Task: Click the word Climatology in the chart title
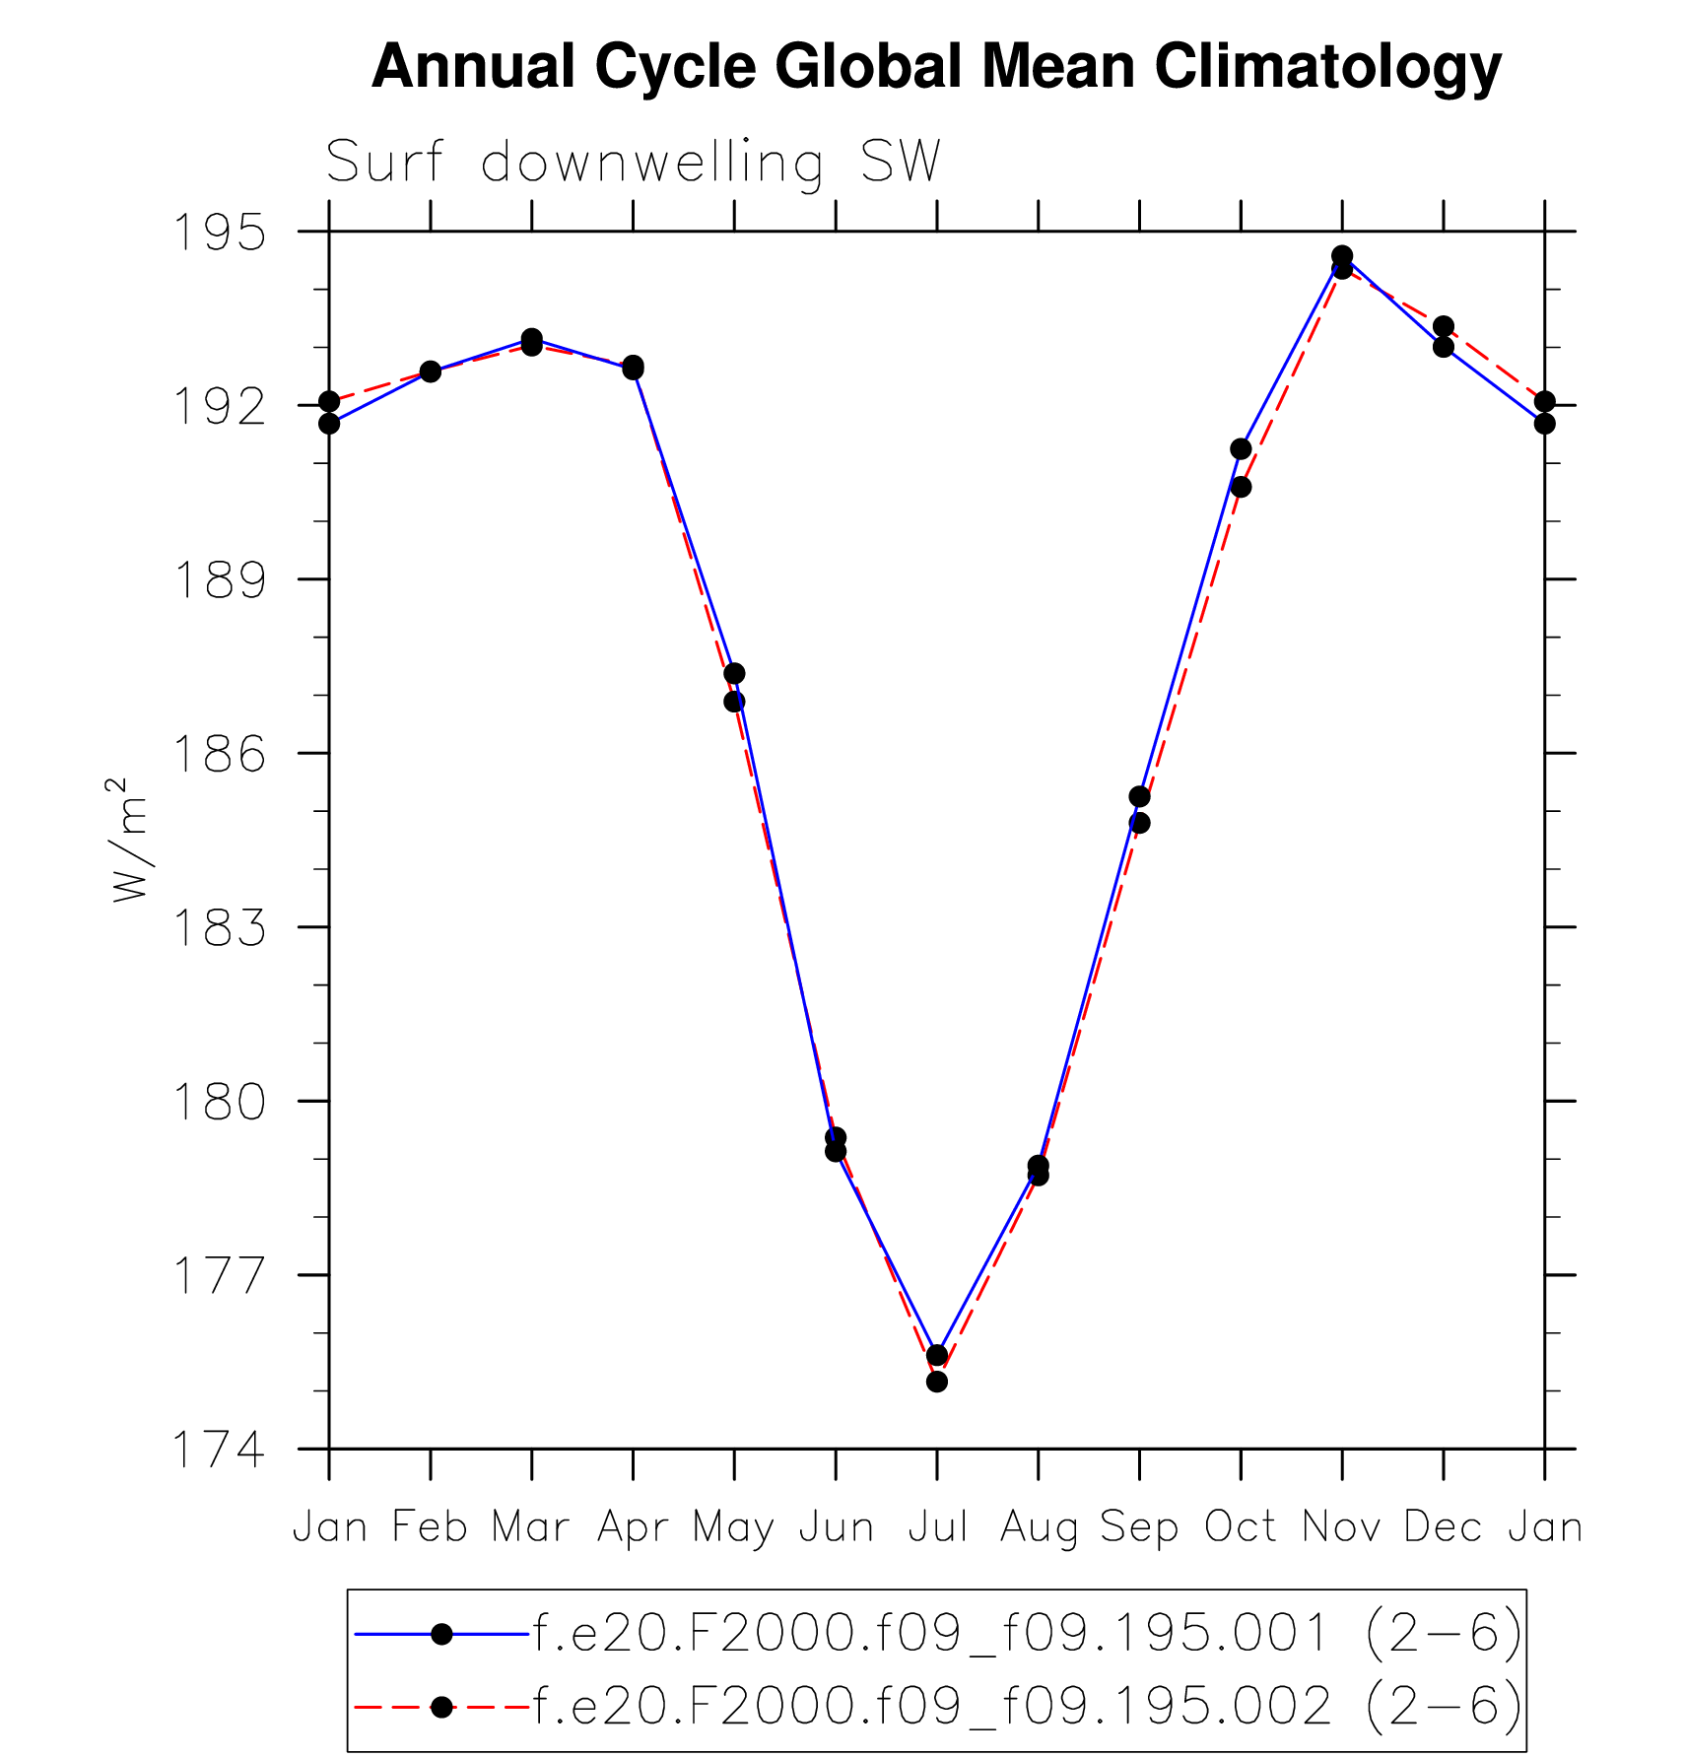(1327, 67)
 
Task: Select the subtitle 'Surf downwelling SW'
(633, 162)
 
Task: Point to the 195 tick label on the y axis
(220, 233)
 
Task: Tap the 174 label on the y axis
(220, 1450)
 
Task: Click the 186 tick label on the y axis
(220, 754)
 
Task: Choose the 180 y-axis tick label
(220, 1102)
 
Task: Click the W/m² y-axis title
(130, 839)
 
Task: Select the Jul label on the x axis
(937, 1527)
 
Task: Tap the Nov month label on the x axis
(1342, 1527)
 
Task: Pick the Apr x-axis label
(633, 1527)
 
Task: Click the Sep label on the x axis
(1139, 1527)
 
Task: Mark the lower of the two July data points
(937, 1382)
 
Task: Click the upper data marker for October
(1241, 449)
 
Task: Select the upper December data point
(1444, 326)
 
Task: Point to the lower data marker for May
(734, 702)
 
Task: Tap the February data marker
(431, 372)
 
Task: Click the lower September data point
(1139, 823)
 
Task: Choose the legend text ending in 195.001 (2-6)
(1028, 1635)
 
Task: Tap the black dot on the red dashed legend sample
(442, 1707)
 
